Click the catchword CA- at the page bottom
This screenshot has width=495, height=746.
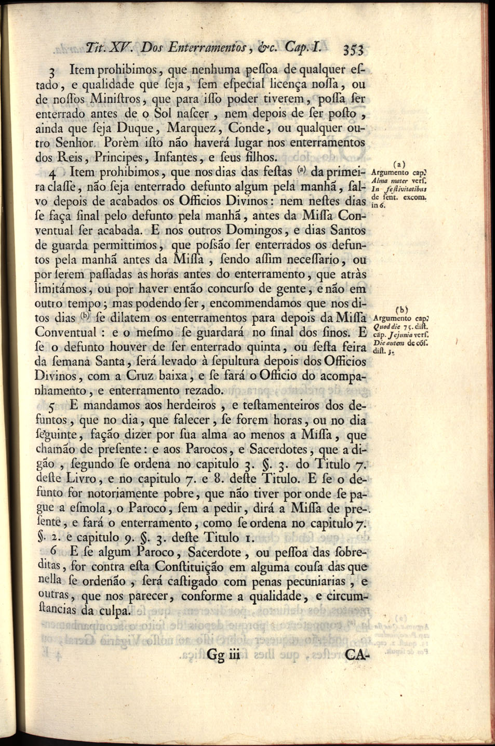click(356, 655)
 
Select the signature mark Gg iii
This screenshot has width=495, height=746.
click(223, 655)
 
